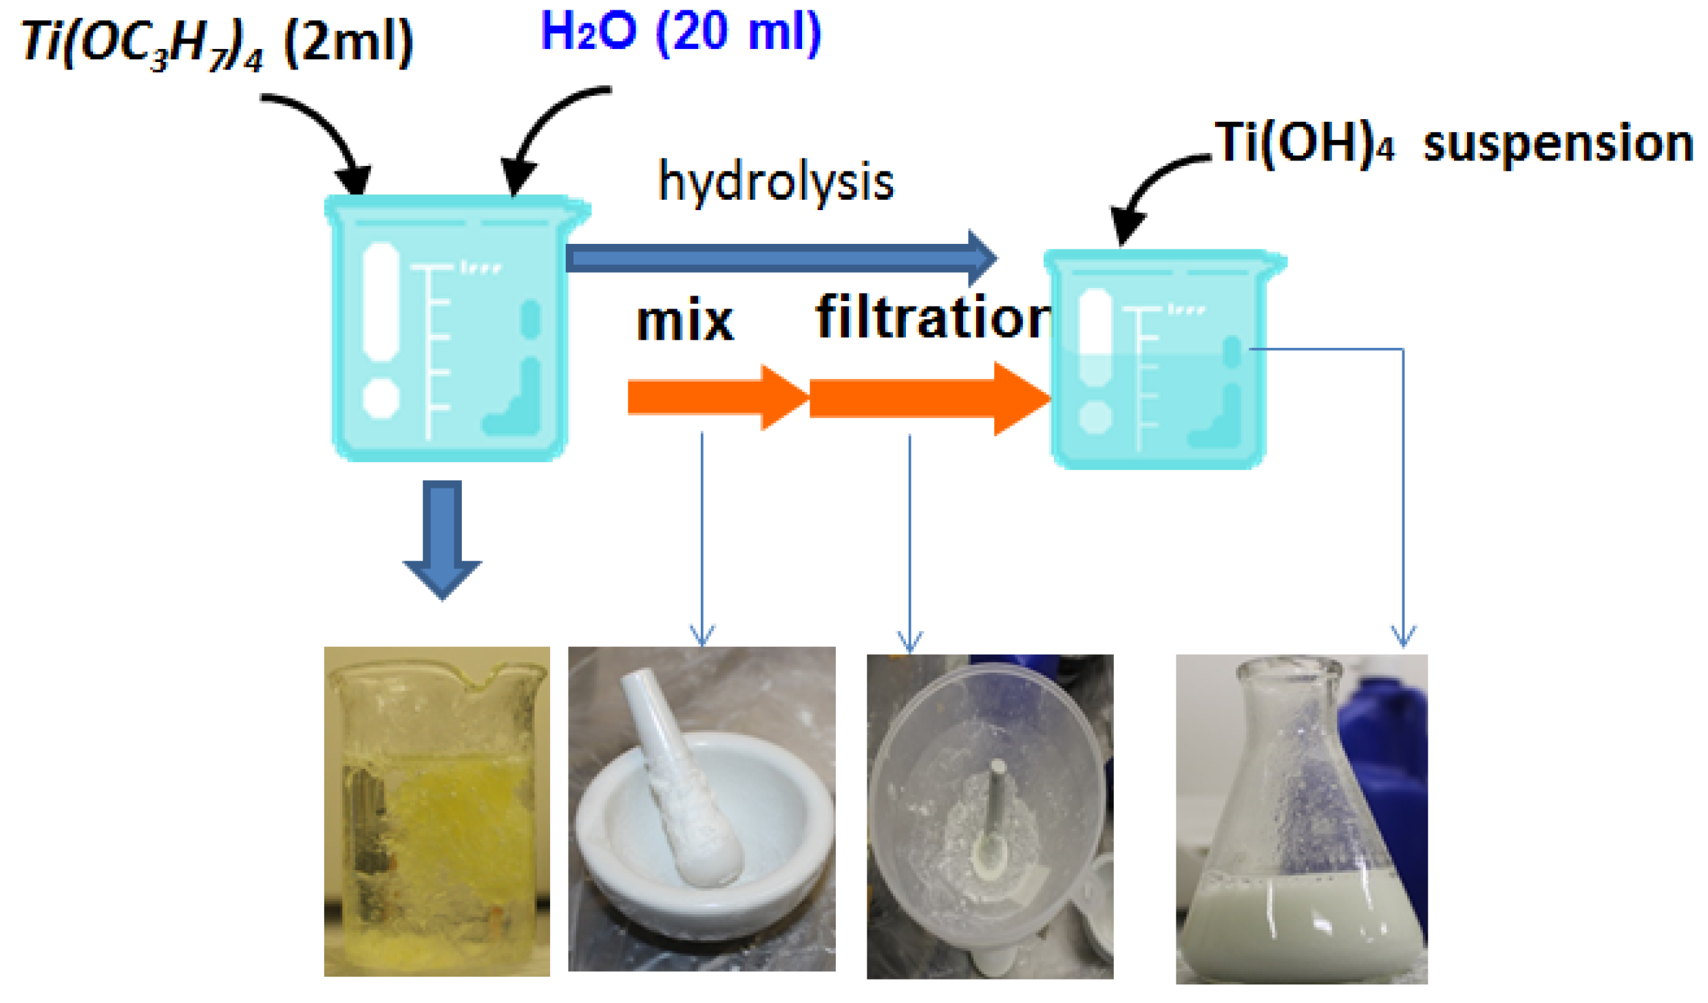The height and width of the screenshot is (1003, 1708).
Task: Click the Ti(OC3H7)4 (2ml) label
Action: [x=217, y=43]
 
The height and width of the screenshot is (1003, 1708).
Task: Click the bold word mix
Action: [x=685, y=321]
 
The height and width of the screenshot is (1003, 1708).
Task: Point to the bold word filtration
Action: [x=933, y=318]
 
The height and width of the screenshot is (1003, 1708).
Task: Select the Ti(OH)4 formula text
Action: [x=1305, y=143]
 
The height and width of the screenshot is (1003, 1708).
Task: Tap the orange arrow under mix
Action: [x=716, y=398]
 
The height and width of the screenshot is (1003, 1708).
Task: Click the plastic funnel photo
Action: [x=989, y=816]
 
